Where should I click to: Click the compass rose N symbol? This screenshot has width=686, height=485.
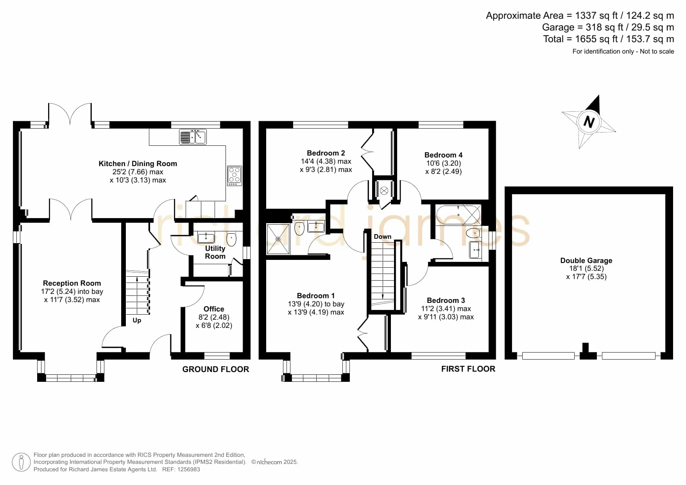(x=589, y=122)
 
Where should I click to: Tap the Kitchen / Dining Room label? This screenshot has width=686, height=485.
(x=138, y=164)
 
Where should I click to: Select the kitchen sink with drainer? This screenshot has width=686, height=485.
(x=193, y=137)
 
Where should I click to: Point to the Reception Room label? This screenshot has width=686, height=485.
(x=72, y=283)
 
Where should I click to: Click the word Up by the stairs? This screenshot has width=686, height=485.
(x=137, y=320)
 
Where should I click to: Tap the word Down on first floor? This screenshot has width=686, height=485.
(x=382, y=236)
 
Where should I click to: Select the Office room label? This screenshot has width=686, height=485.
(x=214, y=309)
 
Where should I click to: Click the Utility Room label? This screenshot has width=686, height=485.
(x=215, y=252)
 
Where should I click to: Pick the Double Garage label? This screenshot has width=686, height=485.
(x=586, y=261)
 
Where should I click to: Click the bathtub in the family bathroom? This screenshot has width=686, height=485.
(x=458, y=214)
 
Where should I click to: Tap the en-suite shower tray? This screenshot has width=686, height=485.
(x=278, y=239)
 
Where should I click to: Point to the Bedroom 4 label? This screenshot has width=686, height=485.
(x=443, y=155)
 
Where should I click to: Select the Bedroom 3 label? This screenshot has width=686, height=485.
(x=446, y=301)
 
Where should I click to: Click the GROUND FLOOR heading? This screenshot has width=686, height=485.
(x=216, y=369)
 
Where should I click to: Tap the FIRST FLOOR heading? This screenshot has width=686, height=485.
(x=468, y=369)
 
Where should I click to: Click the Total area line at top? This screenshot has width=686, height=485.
(x=609, y=39)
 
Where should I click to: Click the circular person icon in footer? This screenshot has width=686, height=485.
(x=21, y=462)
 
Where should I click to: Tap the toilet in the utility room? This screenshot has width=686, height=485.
(x=231, y=239)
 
